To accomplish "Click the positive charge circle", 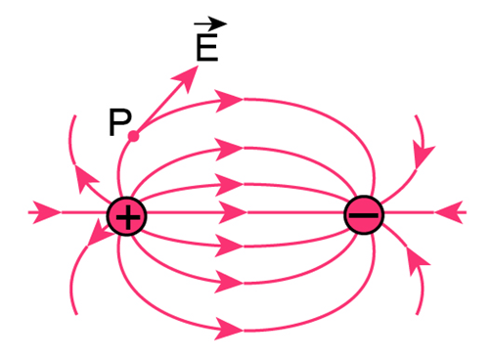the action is pos(127,216).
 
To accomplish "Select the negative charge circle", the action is pos(364,215).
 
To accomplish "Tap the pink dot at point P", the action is pos(133,136).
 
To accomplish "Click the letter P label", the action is pos(120,122).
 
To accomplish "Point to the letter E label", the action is pos(207,47).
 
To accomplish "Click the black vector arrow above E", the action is pos(210,23).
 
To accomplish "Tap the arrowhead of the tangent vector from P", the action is pos(186,78).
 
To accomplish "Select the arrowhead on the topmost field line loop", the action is pos(230,101).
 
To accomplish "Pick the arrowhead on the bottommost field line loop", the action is pos(230,329).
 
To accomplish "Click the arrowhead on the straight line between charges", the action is pos(232,212).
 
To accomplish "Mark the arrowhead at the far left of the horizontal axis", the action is pos(47,212).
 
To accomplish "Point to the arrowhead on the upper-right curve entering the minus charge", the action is pos(423,156).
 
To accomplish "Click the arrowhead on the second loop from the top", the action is pos(230,150).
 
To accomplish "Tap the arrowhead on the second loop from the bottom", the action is pos(230,282).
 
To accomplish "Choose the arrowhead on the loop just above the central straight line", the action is pos(230,185).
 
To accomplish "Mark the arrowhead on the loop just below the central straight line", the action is pos(230,246).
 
